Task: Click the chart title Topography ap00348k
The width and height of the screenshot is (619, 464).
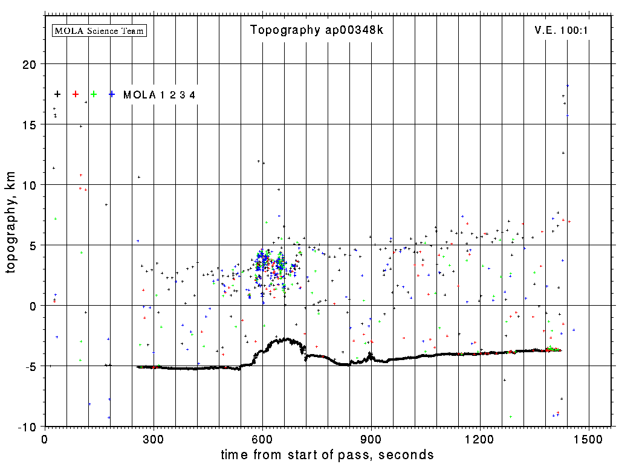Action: pyautogui.click(x=317, y=30)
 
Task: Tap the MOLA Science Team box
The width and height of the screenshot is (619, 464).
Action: pyautogui.click(x=100, y=30)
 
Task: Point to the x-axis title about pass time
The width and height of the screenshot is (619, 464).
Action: pyautogui.click(x=327, y=454)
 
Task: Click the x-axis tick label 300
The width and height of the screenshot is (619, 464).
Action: pyautogui.click(x=154, y=439)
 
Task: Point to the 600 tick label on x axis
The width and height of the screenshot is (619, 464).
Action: pyautogui.click(x=262, y=439)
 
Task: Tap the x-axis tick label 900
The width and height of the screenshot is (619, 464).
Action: pyautogui.click(x=371, y=439)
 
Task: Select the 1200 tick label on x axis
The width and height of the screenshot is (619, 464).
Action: pyautogui.click(x=480, y=439)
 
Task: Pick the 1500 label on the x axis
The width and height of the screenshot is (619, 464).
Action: pyautogui.click(x=589, y=439)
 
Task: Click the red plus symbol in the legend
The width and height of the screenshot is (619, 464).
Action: pyautogui.click(x=76, y=94)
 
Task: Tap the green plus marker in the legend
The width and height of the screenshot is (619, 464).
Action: pyautogui.click(x=94, y=94)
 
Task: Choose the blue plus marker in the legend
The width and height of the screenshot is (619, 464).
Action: pyautogui.click(x=112, y=94)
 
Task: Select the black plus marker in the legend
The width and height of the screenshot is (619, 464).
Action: pyautogui.click(x=57, y=94)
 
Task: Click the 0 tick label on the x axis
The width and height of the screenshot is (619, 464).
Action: pyautogui.click(x=45, y=439)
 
